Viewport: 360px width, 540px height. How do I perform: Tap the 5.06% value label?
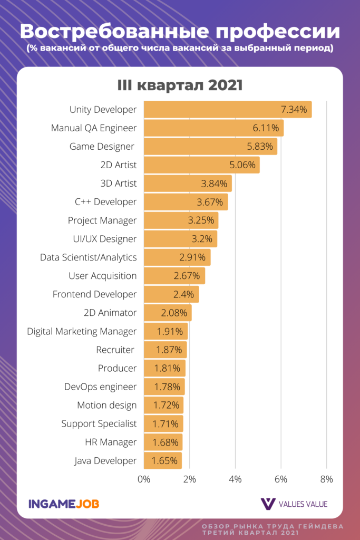click(242, 165)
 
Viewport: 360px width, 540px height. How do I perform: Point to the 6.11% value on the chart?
click(267, 128)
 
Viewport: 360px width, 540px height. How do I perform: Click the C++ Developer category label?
click(106, 202)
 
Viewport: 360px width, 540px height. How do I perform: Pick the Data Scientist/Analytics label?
click(88, 257)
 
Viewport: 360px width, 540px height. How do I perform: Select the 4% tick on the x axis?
click(235, 479)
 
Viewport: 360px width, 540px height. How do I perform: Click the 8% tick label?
click(326, 479)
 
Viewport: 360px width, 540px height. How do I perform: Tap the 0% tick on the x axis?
click(144, 479)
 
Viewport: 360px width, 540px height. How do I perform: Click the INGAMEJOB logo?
click(64, 504)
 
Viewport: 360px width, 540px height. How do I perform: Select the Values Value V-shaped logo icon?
click(268, 504)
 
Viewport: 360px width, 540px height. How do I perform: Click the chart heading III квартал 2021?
click(180, 85)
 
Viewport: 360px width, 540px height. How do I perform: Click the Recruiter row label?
click(116, 350)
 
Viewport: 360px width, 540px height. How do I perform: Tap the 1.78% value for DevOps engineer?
click(168, 387)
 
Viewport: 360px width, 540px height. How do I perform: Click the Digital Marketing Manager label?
click(82, 331)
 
